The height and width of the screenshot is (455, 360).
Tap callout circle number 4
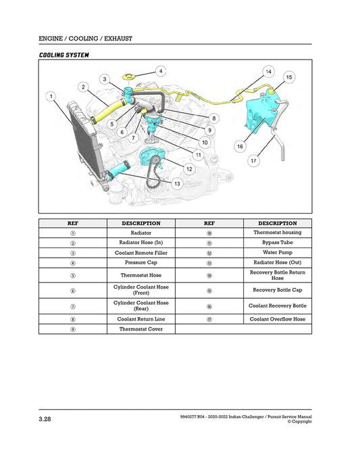(x=161, y=70)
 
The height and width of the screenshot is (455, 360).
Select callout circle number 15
(x=289, y=78)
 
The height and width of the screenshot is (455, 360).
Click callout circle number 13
(x=176, y=183)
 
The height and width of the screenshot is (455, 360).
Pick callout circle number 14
(x=268, y=71)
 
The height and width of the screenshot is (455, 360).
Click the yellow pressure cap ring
(x=131, y=75)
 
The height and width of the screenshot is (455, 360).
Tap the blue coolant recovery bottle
(x=260, y=111)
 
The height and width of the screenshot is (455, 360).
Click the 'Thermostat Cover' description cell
(x=140, y=329)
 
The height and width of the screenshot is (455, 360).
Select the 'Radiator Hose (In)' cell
(x=140, y=242)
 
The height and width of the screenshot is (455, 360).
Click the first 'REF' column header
(x=72, y=222)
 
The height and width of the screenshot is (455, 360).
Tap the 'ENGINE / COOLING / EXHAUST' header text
(x=85, y=39)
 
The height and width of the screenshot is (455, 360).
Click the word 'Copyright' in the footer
(x=300, y=422)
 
